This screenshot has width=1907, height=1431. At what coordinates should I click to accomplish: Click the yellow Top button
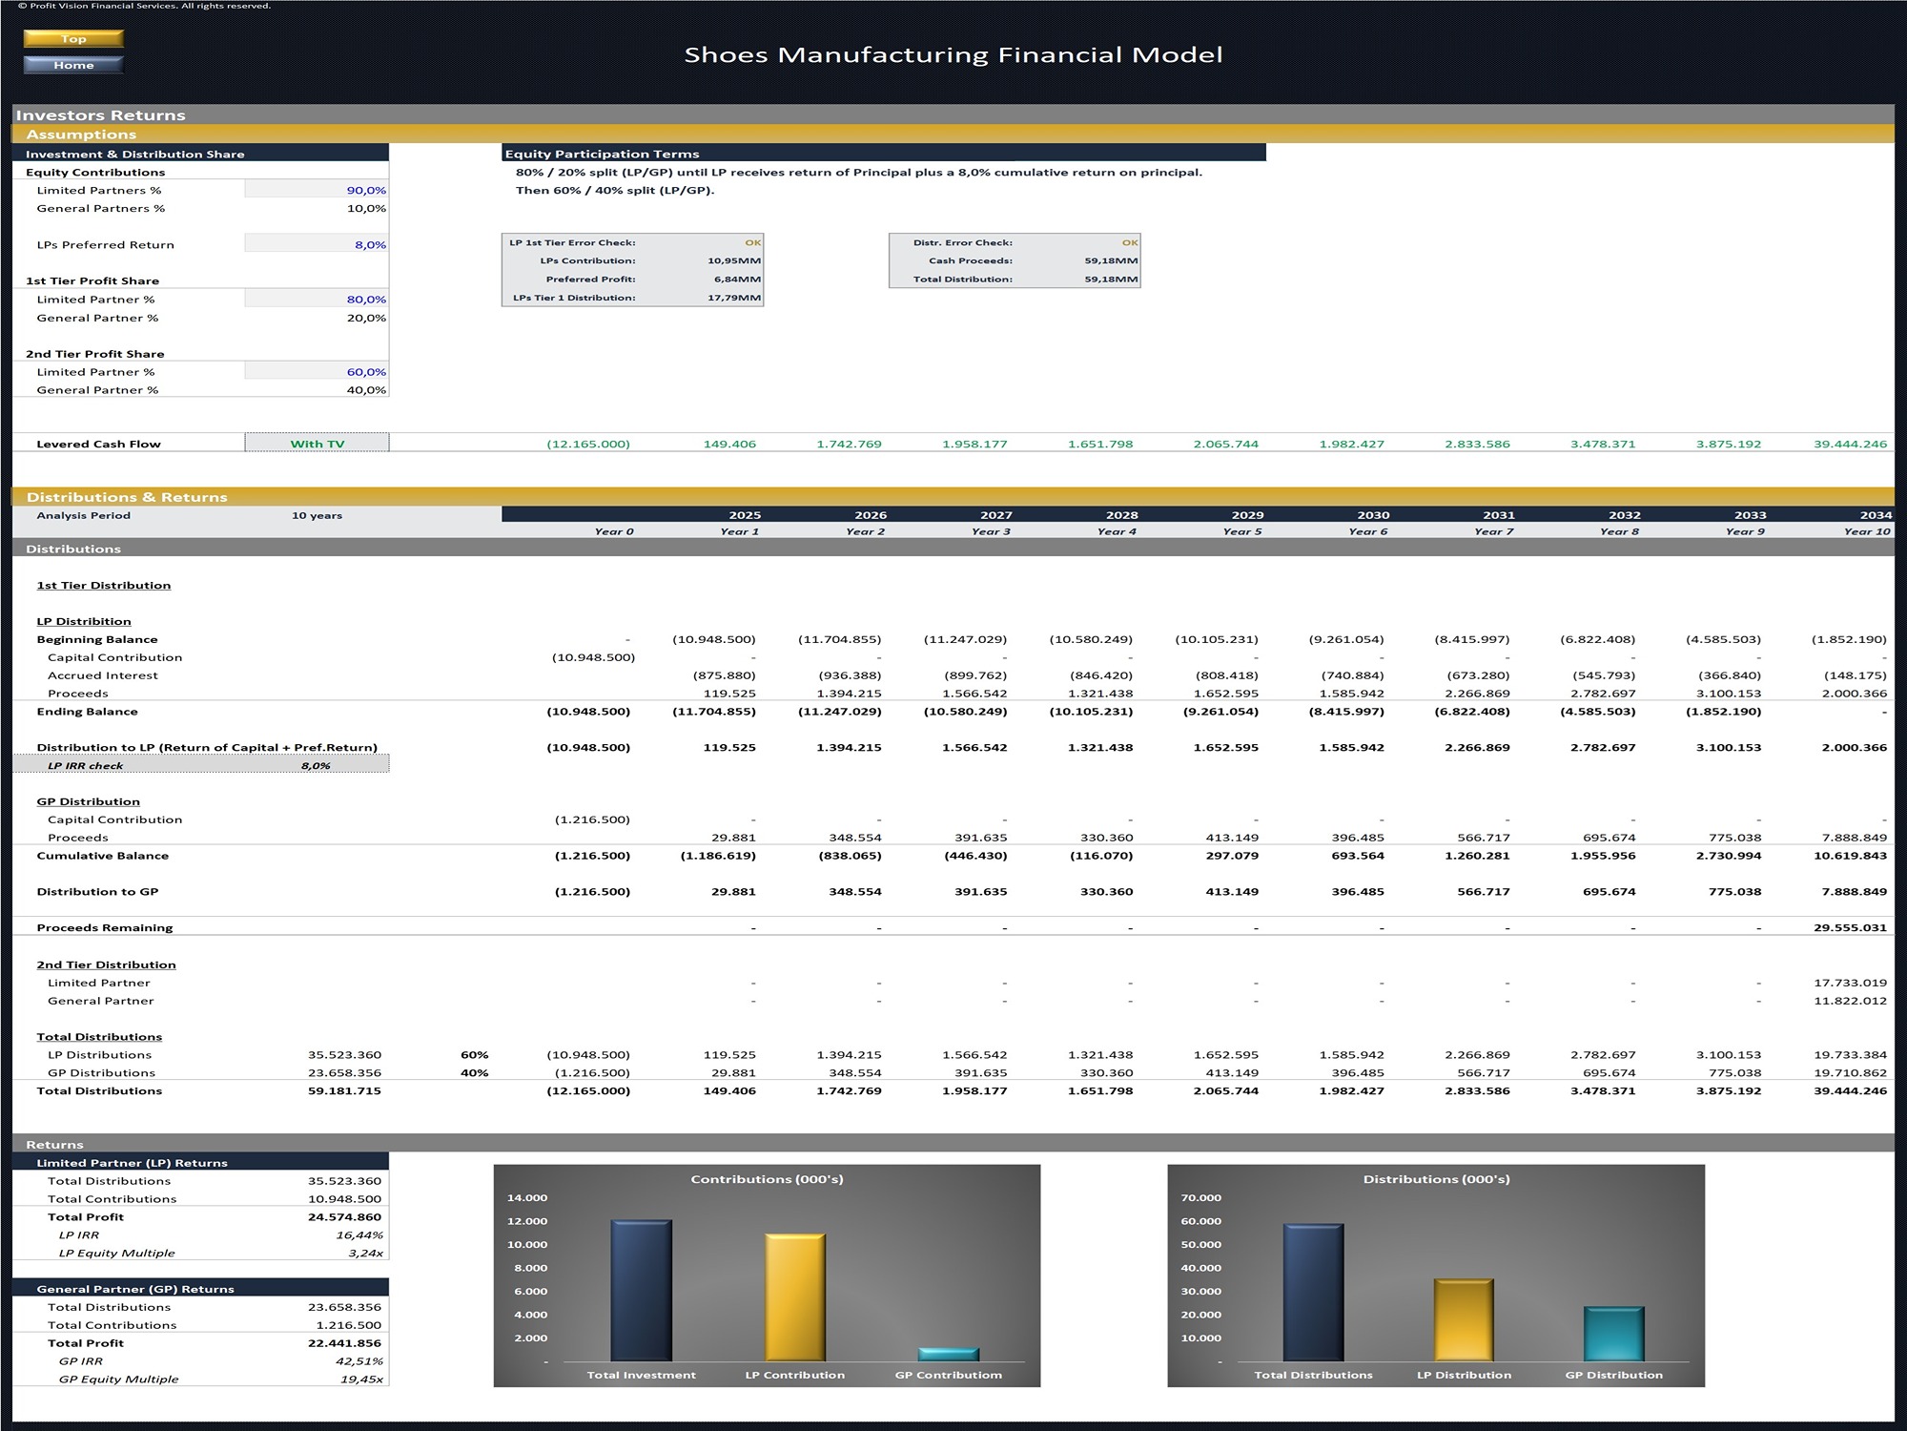coord(73,39)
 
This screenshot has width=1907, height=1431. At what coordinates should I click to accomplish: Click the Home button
coord(73,65)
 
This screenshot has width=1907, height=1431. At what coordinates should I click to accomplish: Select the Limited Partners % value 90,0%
coord(366,190)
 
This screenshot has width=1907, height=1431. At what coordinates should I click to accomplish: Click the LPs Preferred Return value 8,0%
coord(370,244)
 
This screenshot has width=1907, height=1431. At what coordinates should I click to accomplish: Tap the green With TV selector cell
coord(317,444)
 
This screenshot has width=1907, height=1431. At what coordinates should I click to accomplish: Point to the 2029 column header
coord(1247,515)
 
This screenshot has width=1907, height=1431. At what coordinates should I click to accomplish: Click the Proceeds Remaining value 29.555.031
coord(1850,927)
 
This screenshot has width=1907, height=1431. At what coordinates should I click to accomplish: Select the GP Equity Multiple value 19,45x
coord(361,1379)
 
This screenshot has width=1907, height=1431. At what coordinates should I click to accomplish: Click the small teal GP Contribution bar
coord(948,1355)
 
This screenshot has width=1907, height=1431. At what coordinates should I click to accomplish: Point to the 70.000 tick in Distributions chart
coord(1200,1198)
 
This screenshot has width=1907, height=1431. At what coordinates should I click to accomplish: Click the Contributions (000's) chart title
coord(767,1179)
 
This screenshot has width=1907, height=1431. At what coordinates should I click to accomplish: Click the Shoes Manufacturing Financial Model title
coord(953,55)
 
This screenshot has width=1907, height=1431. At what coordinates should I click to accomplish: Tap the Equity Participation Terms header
coord(602,154)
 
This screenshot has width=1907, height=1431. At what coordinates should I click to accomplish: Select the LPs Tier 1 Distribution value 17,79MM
coord(734,298)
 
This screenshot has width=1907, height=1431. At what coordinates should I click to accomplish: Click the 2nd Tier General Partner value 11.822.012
coord(1850,1001)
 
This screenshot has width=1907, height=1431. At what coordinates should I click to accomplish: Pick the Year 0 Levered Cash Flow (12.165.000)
coord(588,444)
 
